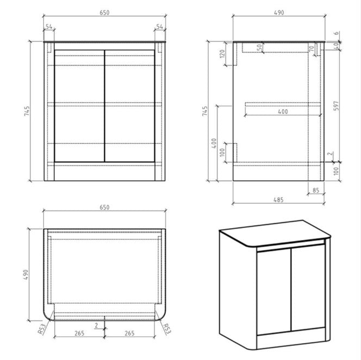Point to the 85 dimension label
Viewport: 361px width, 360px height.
[316, 190]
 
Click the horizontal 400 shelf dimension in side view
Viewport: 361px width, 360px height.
[282, 111]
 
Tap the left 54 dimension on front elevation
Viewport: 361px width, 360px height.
[49, 26]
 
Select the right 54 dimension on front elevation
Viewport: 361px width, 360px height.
[160, 26]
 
